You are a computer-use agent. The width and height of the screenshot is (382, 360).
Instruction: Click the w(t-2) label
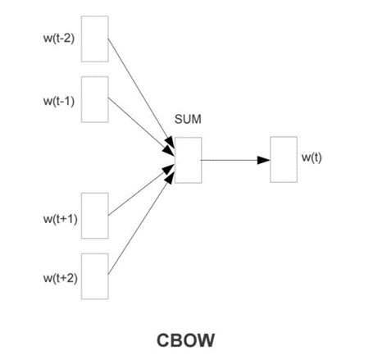(59, 39)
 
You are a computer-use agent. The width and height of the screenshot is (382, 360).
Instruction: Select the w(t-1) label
(59, 101)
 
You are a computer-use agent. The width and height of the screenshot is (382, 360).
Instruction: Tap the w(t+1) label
(60, 219)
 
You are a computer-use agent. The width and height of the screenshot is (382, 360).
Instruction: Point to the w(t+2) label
(60, 278)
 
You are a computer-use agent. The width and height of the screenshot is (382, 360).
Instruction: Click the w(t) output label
(312, 157)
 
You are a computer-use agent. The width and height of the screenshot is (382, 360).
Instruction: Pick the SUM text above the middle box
(188, 119)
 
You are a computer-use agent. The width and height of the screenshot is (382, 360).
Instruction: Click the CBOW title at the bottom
(185, 340)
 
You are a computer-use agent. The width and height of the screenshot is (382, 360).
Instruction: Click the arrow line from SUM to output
(235, 160)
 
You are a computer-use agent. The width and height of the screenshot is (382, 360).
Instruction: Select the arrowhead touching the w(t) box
(264, 160)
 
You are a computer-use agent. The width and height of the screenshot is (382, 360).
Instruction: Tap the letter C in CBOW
(163, 340)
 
